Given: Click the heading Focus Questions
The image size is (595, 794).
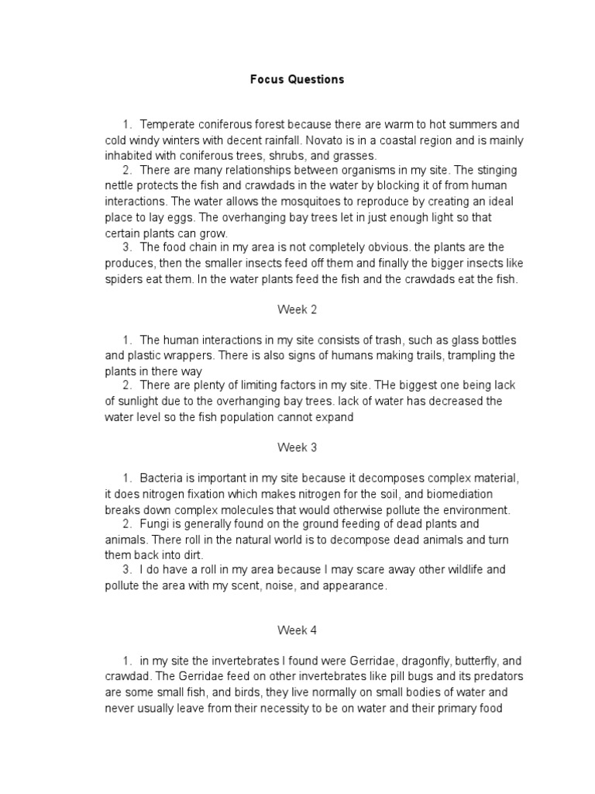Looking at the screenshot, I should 297,79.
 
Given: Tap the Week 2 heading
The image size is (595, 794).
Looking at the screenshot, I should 297,309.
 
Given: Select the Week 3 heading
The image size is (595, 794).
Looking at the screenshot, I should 297,447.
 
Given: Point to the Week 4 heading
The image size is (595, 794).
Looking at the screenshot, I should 297,630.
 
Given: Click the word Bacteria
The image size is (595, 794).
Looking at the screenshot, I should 162,478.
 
